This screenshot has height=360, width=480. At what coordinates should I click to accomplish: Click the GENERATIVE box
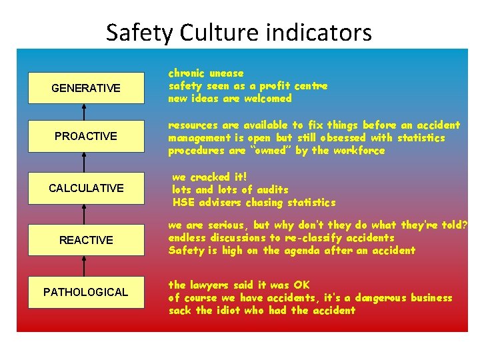(86, 88)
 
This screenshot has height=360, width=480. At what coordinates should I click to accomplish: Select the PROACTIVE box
(86, 136)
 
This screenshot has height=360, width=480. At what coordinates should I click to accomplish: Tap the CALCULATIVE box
(86, 188)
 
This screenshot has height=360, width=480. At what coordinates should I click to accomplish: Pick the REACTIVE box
(86, 240)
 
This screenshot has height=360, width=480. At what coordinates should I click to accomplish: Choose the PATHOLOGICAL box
(86, 292)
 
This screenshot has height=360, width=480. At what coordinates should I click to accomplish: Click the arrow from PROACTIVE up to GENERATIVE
(84, 112)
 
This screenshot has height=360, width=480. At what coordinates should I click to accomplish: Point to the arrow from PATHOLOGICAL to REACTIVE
(84, 266)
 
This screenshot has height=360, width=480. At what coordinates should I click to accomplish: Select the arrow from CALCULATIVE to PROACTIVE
(84, 162)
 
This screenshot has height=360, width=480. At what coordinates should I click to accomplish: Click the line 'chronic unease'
(206, 73)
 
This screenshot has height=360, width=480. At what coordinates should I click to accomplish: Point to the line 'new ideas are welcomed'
(230, 99)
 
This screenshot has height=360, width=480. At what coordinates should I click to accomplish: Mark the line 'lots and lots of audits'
(230, 190)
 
